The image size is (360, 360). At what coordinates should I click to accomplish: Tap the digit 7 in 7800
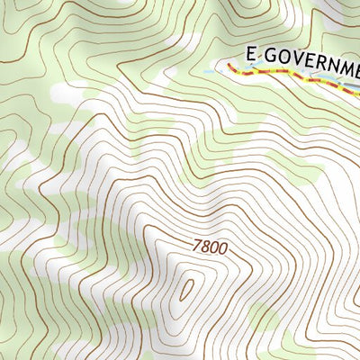tap(195, 244)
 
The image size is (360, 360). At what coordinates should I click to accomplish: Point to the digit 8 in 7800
tap(204, 246)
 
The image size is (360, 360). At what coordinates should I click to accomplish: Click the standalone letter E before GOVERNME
tap(251, 56)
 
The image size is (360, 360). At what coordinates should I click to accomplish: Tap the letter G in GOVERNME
tap(267, 56)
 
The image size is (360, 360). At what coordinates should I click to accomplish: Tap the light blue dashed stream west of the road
tap(216, 68)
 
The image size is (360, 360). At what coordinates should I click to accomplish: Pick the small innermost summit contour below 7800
tap(187, 290)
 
